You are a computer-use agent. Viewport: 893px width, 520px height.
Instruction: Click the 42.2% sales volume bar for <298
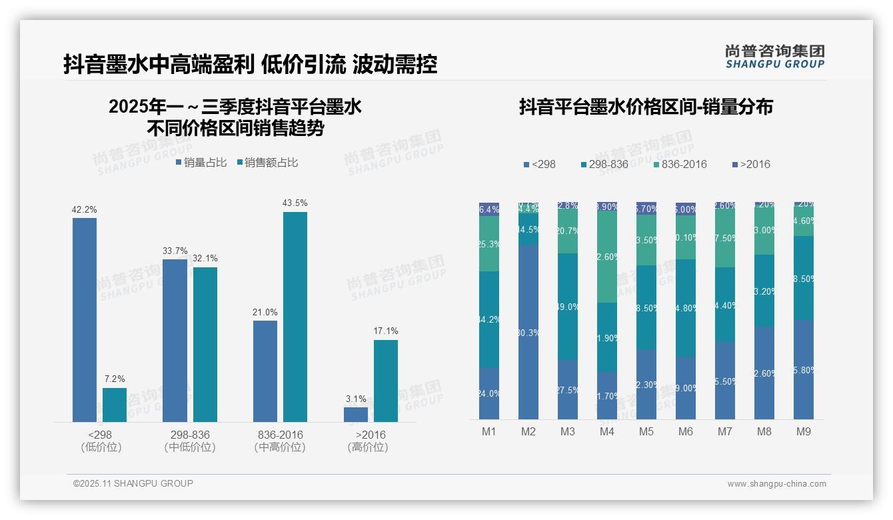(85, 320)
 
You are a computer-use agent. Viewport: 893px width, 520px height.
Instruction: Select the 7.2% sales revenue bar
(115, 405)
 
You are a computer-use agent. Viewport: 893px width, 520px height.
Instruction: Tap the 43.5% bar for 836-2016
(295, 317)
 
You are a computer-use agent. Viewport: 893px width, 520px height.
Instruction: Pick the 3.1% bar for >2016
(356, 414)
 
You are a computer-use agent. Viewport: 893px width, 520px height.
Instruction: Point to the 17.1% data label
(386, 331)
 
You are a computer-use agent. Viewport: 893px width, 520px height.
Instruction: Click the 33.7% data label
(175, 251)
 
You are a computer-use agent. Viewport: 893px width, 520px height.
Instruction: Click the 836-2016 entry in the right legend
(679, 164)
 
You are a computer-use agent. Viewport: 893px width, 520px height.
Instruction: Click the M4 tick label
(607, 431)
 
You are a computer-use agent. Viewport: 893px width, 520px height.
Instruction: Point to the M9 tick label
(804, 431)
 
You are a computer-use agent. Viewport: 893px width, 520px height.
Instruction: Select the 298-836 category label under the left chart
(190, 435)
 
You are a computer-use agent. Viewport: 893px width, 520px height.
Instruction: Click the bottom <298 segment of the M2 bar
(528, 331)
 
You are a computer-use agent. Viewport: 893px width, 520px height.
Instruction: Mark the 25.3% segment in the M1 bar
(489, 243)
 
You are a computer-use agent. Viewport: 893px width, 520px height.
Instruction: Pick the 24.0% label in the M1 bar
(489, 393)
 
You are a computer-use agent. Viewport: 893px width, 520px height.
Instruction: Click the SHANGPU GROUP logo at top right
(774, 57)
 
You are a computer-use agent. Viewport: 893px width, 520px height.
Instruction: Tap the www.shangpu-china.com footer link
(776, 484)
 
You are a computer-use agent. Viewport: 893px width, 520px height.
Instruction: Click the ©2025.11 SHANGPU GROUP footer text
(133, 483)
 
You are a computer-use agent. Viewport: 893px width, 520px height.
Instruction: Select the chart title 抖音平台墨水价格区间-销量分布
(646, 107)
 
